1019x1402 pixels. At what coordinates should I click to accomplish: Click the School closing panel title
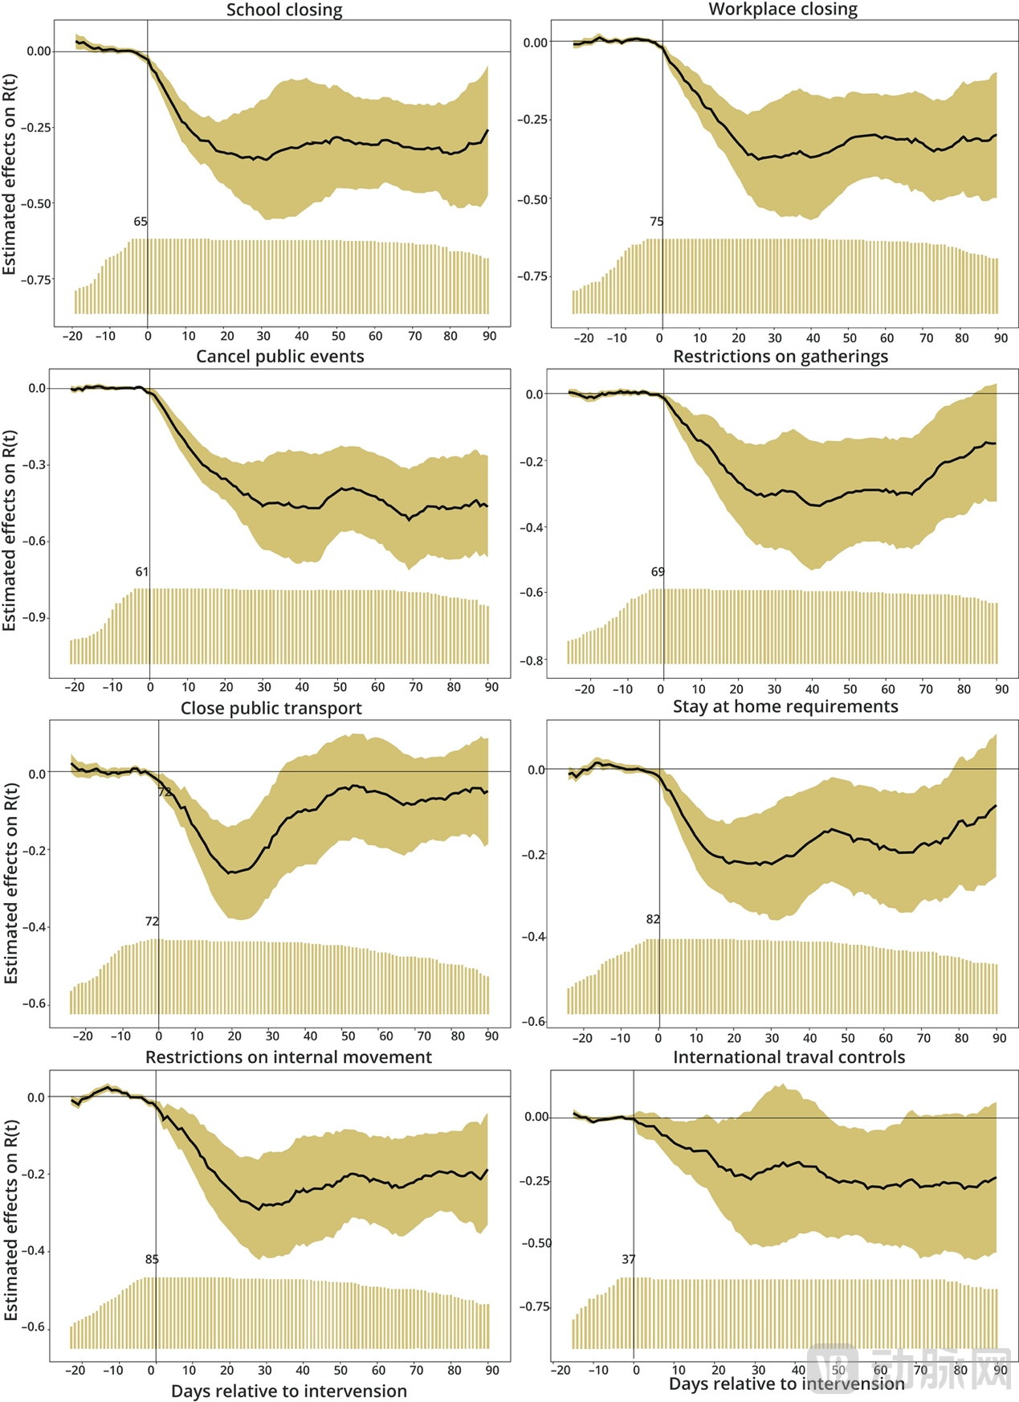click(x=284, y=10)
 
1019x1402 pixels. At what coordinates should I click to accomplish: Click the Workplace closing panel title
click(x=783, y=10)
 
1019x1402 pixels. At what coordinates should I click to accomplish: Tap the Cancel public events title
click(x=280, y=357)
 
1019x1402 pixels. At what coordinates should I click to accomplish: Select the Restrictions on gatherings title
click(x=781, y=357)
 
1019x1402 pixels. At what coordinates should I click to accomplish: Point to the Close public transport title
click(x=271, y=709)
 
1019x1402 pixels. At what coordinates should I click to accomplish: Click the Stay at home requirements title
click(x=785, y=707)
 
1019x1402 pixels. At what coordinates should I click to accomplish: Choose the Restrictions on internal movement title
click(x=288, y=1057)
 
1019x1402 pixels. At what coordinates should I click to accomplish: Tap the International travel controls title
click(x=789, y=1057)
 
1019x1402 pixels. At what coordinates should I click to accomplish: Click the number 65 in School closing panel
click(x=141, y=222)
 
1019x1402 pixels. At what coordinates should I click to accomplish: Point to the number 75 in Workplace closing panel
click(x=657, y=222)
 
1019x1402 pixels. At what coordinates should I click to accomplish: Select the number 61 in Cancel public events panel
click(x=142, y=572)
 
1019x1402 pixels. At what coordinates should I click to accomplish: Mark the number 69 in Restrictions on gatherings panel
click(x=658, y=572)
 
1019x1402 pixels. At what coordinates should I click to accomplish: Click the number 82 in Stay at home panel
click(x=653, y=919)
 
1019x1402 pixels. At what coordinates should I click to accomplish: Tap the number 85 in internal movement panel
click(x=152, y=1260)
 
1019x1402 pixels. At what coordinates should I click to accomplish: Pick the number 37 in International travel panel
click(x=629, y=1260)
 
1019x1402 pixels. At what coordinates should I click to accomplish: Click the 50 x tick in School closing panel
click(x=339, y=337)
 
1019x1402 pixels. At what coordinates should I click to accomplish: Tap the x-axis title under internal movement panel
click(x=288, y=1391)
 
